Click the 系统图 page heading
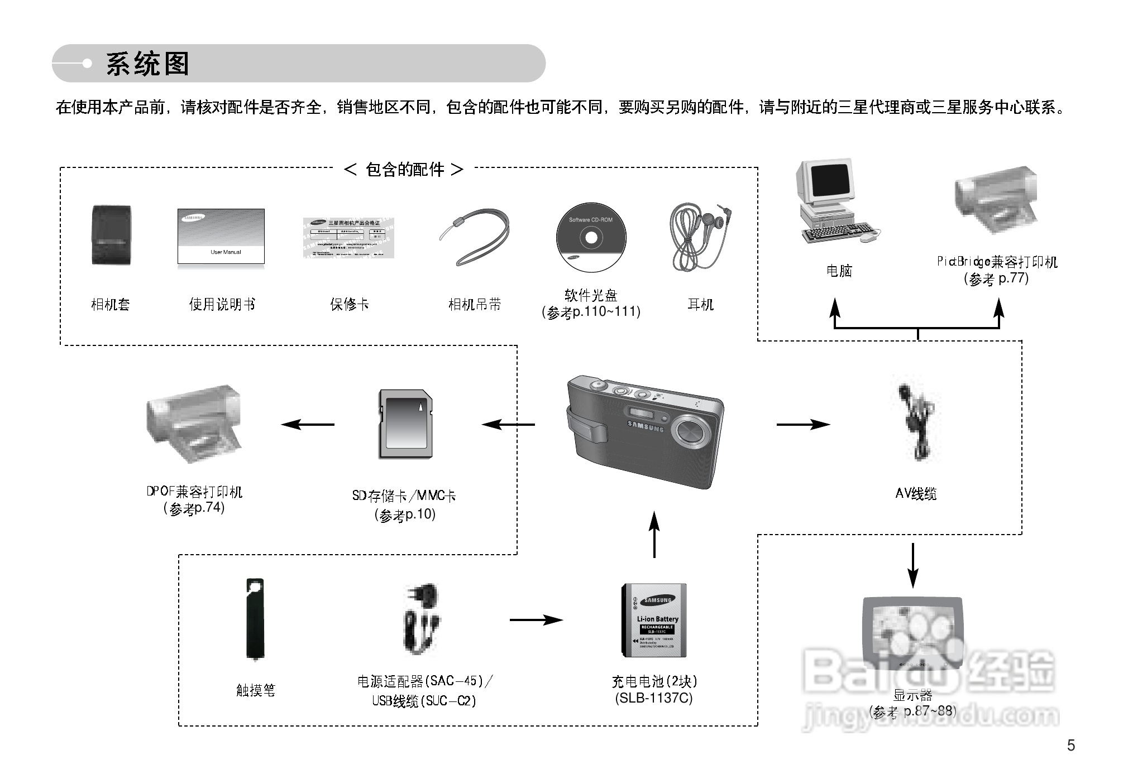click(x=147, y=64)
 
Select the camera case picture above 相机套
click(x=111, y=235)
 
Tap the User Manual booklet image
click(x=221, y=236)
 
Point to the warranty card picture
click(x=348, y=238)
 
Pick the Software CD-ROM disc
click(x=591, y=238)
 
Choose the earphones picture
click(x=700, y=235)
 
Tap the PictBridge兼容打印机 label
click(x=997, y=262)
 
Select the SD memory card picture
click(x=405, y=424)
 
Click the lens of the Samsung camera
click(x=692, y=431)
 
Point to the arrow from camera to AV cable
click(x=802, y=425)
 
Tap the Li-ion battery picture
click(x=654, y=621)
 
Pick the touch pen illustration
click(x=255, y=619)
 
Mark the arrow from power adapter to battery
click(x=536, y=619)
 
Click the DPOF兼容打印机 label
click(x=194, y=492)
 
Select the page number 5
click(x=1070, y=746)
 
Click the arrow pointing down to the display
click(x=912, y=565)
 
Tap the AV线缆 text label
click(x=916, y=493)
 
